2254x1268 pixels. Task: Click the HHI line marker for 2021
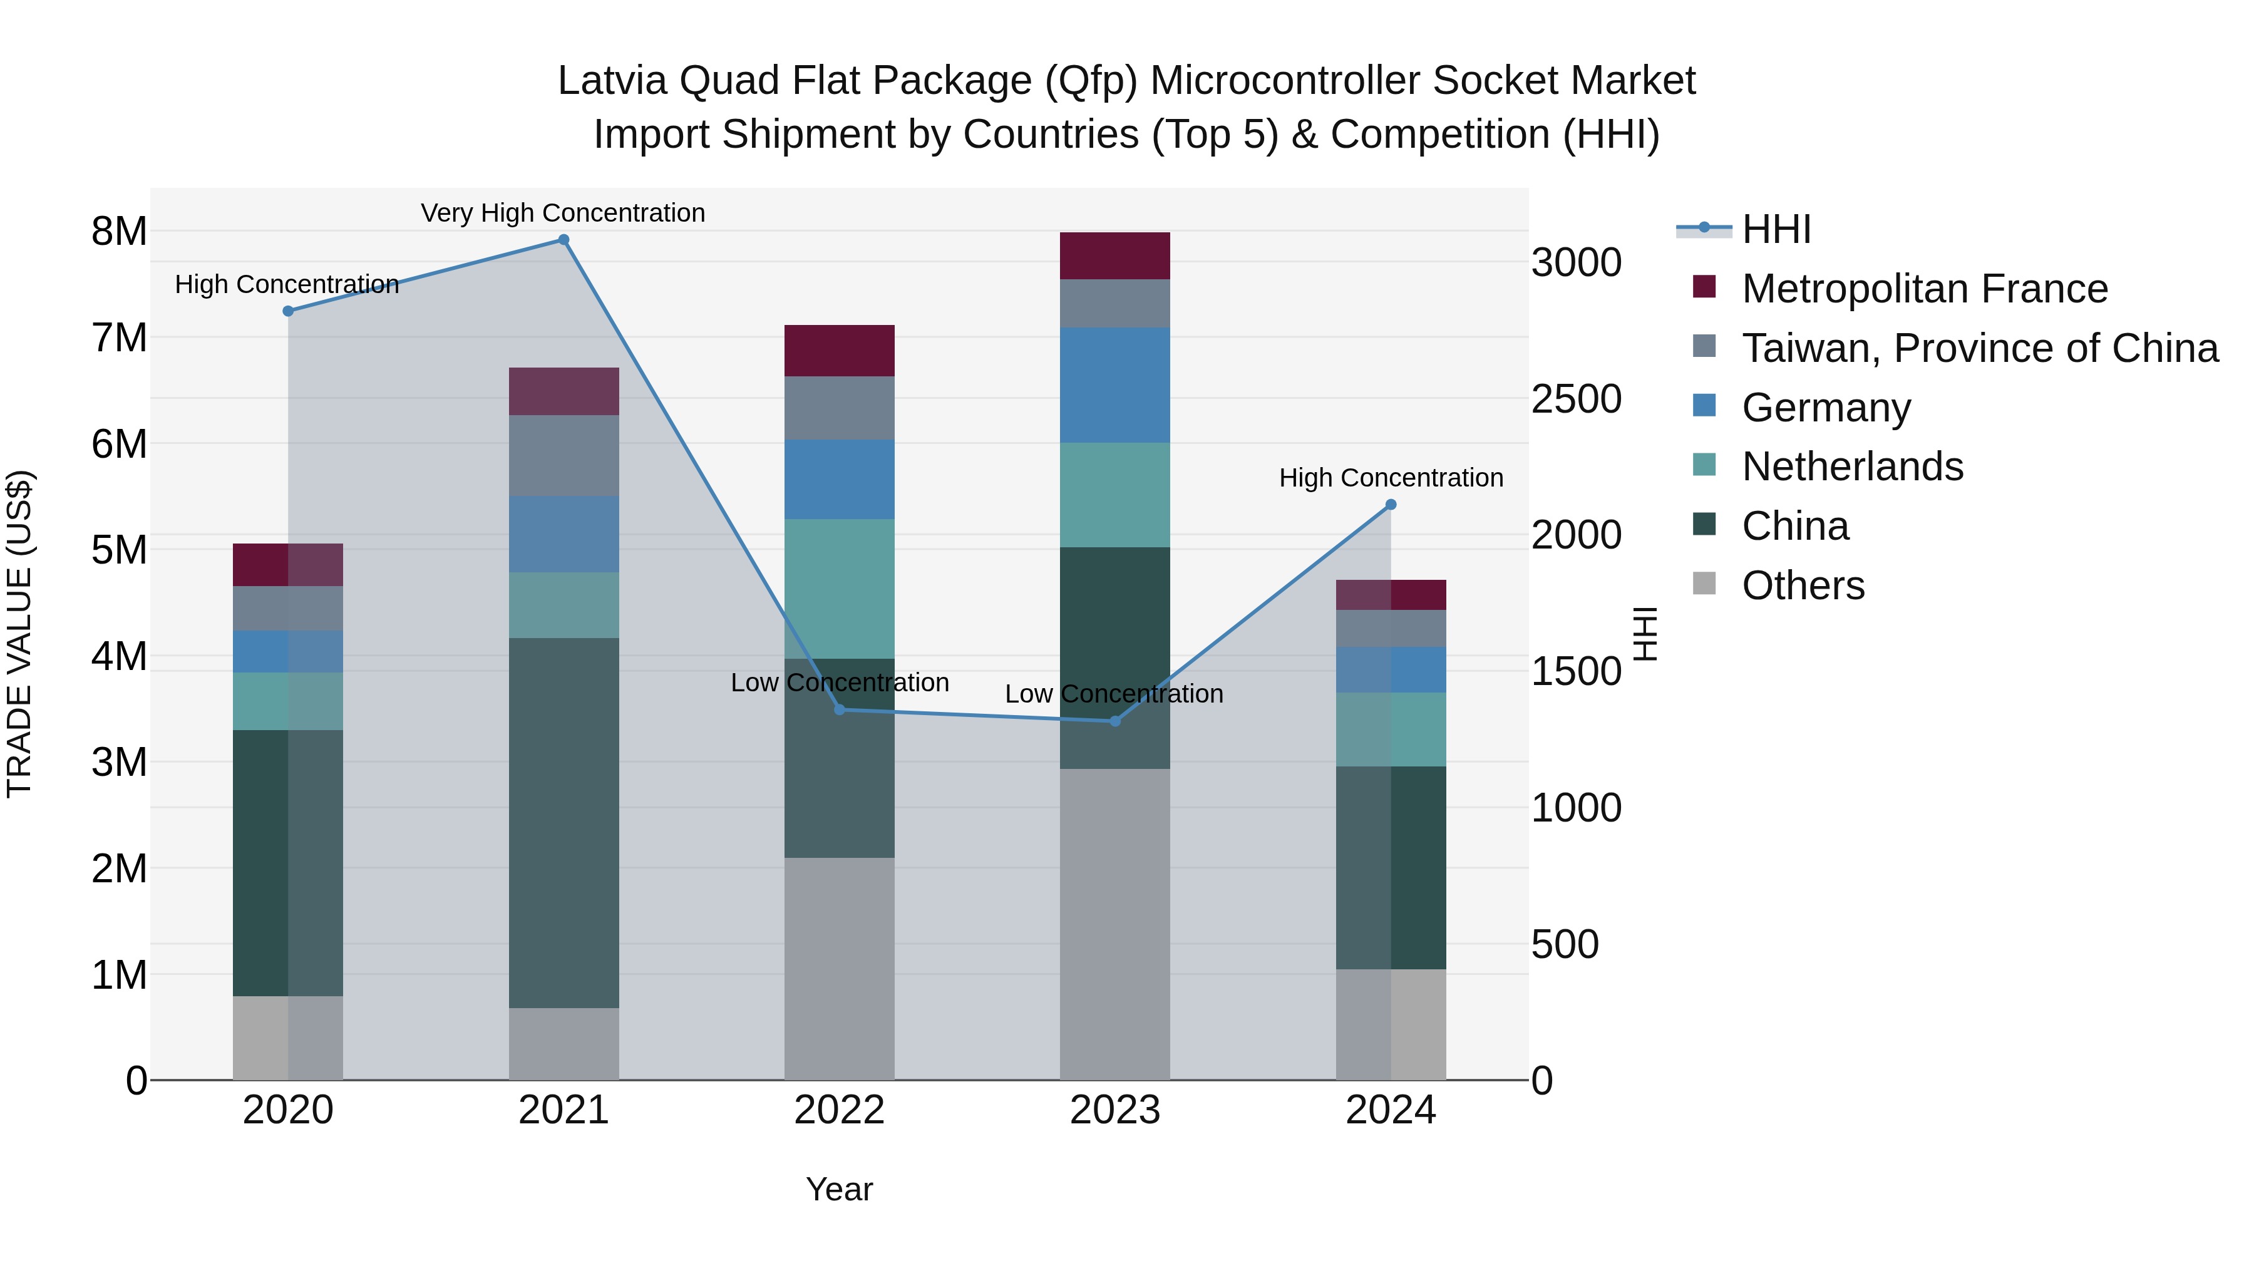563,240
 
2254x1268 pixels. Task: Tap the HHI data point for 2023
1114,721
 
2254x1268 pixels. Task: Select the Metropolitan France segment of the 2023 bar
1114,255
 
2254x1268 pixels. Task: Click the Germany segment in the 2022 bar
839,480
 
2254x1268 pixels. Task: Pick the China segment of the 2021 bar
563,823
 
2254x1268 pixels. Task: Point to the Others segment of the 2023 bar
1114,924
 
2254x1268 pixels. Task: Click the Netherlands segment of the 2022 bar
839,589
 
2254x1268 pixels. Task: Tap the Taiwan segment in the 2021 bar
563,455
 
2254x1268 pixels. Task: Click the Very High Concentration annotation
563,213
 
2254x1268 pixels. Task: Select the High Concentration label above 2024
1391,478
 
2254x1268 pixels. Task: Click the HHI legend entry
1776,229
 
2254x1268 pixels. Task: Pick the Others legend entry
1803,585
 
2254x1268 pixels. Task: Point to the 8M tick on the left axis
119,232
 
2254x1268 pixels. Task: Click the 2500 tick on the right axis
1576,399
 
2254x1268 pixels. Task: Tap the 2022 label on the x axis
839,1110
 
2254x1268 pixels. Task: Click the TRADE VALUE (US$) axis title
19,634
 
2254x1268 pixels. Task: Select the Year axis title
839,1189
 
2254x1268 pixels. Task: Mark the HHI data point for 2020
288,311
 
